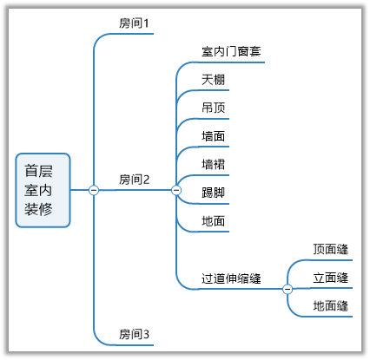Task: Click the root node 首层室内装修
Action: [x=43, y=190]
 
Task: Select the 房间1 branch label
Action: [x=135, y=23]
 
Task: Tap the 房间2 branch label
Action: [x=135, y=180]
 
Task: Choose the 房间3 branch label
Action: [x=135, y=334]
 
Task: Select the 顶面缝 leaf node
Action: [x=331, y=250]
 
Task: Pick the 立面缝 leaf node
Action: [x=331, y=278]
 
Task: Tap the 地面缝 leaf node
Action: [x=331, y=306]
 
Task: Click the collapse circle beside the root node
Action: [x=94, y=190]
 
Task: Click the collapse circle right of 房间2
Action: [x=176, y=190]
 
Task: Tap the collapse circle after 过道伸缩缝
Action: [x=287, y=288]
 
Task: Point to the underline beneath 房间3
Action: [x=135, y=344]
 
